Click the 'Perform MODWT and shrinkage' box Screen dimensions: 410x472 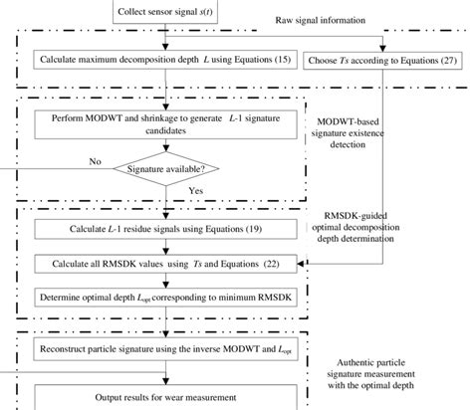pyautogui.click(x=159, y=125)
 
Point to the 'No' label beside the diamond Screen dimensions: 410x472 pyautogui.click(x=67, y=158)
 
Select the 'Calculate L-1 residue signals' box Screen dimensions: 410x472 pyautogui.click(x=158, y=229)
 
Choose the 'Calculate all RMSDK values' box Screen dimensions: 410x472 pyautogui.click(x=158, y=264)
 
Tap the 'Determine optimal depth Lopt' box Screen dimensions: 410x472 pyautogui.click(x=158, y=297)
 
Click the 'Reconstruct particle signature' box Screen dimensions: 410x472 pyautogui.click(x=158, y=349)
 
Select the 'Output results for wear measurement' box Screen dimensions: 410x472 pyautogui.click(x=158, y=396)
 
